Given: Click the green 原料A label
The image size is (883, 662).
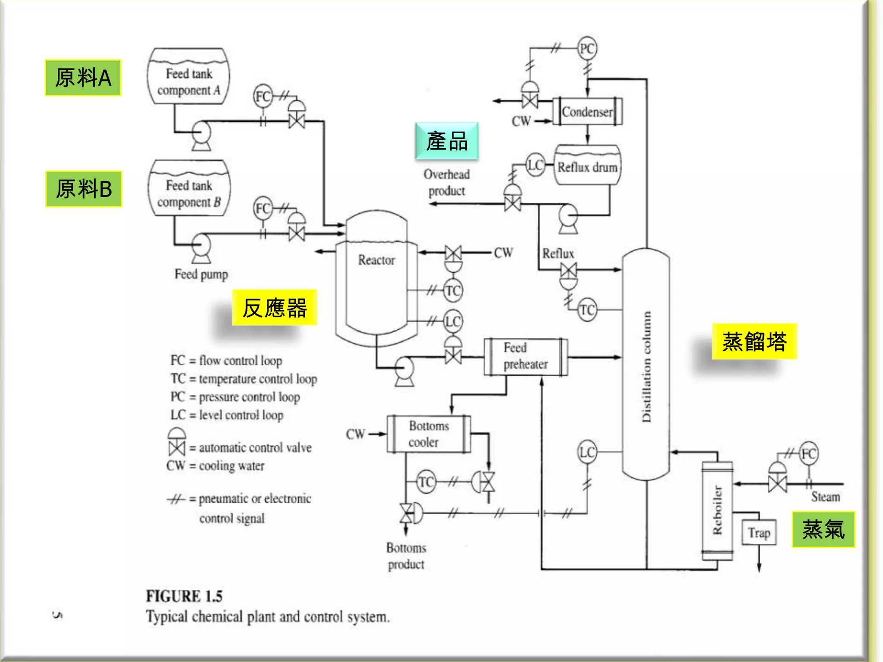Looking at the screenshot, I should (83, 78).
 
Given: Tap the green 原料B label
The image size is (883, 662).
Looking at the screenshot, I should (84, 189).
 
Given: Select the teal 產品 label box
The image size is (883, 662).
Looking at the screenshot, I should (447, 141).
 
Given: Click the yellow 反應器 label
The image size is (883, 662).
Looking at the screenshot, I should (274, 308).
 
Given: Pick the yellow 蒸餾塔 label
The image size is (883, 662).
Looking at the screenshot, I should (754, 341).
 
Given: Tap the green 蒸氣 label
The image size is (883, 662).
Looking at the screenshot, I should (823, 530).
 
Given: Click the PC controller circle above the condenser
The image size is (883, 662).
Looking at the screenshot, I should (587, 48).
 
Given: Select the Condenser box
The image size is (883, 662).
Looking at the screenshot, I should (587, 112).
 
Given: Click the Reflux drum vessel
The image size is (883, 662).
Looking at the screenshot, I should (587, 166).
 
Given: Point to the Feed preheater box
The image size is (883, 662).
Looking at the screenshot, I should (526, 357).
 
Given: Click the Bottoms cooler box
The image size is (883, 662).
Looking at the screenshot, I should (429, 434).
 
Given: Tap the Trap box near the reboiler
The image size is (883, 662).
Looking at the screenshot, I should (759, 533).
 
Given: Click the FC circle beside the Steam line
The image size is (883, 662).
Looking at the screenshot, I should (808, 453).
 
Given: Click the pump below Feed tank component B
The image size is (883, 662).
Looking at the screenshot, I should (200, 247).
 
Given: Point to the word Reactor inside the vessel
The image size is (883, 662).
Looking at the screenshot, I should (376, 260).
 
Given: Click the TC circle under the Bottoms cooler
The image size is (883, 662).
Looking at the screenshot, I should (426, 481).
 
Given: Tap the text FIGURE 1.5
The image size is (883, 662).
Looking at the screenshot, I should (184, 596).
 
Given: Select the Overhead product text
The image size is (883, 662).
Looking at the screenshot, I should (447, 182).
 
